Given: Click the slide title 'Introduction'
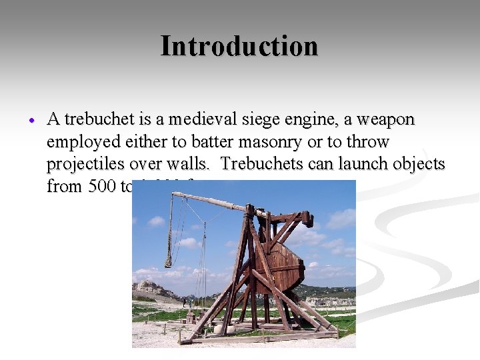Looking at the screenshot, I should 239,46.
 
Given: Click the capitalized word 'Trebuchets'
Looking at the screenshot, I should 264,164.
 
